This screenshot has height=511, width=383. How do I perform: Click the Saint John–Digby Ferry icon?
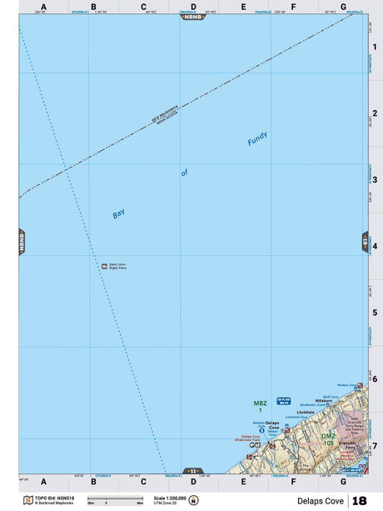(x=104, y=266)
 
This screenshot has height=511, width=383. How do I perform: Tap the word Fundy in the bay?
(x=257, y=141)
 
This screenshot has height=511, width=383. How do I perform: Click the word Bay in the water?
(x=118, y=214)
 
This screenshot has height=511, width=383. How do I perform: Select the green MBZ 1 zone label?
(x=259, y=407)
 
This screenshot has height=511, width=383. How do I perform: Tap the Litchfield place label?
(x=305, y=412)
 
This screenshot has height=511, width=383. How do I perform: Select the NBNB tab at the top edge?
(x=192, y=17)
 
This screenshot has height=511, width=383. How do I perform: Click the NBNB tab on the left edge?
(x=22, y=242)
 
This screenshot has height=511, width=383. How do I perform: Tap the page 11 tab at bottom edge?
(x=192, y=471)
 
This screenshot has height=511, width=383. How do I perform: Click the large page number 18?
(x=359, y=501)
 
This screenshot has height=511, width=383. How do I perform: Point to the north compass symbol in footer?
(x=194, y=501)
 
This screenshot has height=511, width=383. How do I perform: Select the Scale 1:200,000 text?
(x=169, y=498)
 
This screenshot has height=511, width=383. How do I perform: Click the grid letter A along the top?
(x=43, y=7)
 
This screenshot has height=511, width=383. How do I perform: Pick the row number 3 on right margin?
(x=375, y=179)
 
